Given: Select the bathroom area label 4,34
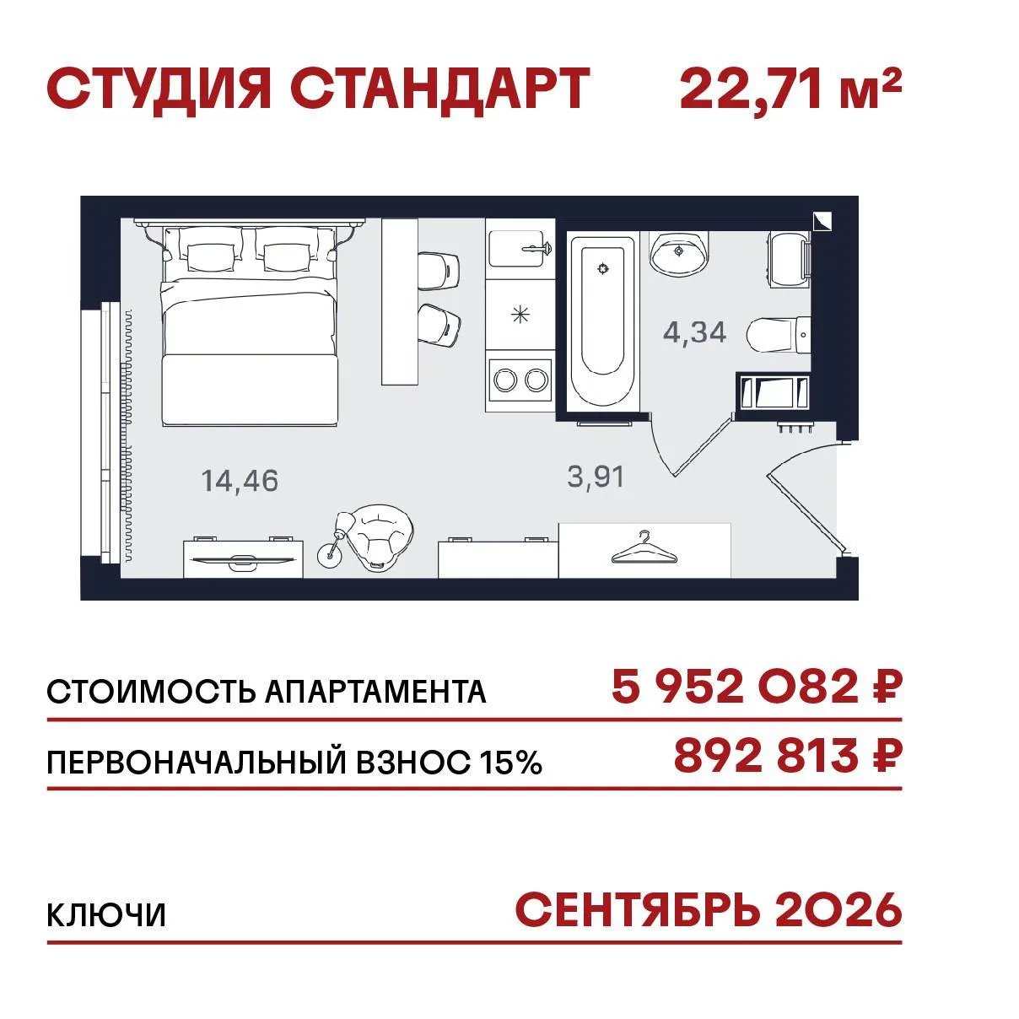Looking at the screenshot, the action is click(694, 332).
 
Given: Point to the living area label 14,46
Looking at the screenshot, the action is click(240, 481).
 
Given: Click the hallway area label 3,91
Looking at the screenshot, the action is click(596, 477).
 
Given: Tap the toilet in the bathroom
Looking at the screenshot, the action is click(779, 334).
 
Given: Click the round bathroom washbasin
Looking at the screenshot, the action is click(678, 253).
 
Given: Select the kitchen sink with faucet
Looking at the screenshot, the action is click(520, 249).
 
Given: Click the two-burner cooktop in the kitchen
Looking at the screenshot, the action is click(520, 380).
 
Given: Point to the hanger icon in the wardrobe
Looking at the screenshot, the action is click(644, 547).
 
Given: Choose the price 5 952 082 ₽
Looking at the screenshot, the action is click(756, 687).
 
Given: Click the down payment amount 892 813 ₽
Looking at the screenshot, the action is click(787, 756).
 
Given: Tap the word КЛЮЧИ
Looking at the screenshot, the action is click(106, 915).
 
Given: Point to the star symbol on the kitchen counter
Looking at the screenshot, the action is click(520, 315).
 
